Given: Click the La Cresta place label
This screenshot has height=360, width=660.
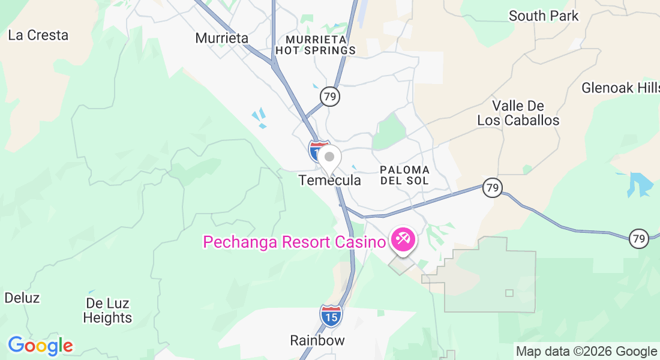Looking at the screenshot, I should coord(38,35).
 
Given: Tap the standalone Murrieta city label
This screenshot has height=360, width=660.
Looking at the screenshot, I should coord(221,38).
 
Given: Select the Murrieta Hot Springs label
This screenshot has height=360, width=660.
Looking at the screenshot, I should coord(316,45).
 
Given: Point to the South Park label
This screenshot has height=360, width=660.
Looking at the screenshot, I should coord(544,16).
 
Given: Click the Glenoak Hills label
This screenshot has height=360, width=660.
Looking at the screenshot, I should coord(620,88).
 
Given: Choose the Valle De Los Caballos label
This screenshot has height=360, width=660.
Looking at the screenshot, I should coord(518,113).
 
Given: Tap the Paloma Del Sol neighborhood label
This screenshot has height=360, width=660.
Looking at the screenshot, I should coord(404,175).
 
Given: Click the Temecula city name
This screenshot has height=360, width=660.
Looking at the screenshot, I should coord(330,180).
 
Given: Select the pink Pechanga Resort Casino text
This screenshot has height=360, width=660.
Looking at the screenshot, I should coord(293,242).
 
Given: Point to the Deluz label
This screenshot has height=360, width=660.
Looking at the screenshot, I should coord(22,298).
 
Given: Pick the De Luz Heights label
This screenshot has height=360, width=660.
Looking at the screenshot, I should coord(107,310).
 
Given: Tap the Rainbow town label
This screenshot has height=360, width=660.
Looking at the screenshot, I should coord(317,340).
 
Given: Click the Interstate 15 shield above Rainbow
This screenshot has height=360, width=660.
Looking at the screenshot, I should coord(331,316).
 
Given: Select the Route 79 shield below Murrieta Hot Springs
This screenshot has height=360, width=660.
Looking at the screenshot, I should coord(329,96).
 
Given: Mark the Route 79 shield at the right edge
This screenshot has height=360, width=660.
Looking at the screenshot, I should coord(639,238).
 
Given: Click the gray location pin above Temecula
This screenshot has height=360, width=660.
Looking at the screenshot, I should coord(329,158).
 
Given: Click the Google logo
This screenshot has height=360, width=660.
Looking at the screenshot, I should coord(40,346).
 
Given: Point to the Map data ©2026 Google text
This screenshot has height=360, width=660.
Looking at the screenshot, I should coord(587,352).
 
